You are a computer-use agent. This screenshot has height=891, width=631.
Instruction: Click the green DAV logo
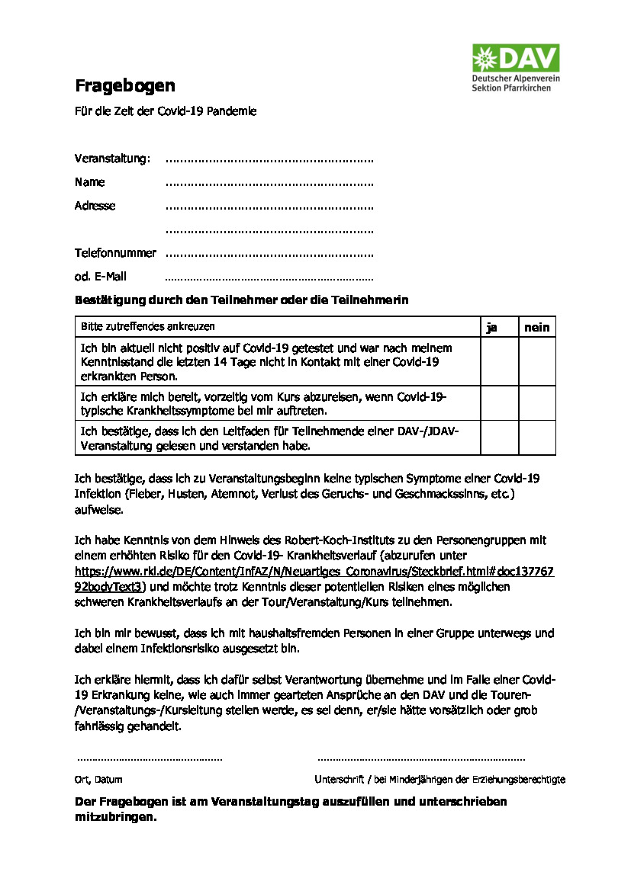tap(515, 58)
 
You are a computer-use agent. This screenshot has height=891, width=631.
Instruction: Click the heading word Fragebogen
tap(124, 85)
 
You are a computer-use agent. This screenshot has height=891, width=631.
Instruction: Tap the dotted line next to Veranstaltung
tap(269, 160)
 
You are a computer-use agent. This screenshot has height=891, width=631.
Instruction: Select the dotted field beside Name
tap(269, 184)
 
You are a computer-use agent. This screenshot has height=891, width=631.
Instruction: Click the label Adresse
tap(95, 206)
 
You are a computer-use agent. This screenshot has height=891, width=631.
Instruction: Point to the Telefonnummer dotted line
tap(269, 254)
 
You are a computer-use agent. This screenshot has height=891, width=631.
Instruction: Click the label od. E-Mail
tap(101, 277)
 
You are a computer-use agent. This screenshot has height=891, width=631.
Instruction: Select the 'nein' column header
tap(536, 327)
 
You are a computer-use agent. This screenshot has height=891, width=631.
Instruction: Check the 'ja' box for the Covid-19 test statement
tap(499, 361)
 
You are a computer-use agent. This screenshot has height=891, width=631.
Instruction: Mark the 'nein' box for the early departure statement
tap(536, 402)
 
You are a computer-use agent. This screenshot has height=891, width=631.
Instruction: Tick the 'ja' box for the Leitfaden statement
tap(499, 437)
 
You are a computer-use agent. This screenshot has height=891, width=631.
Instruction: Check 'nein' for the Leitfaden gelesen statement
tap(536, 437)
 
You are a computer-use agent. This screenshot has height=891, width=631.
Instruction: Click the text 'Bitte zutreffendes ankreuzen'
tap(148, 326)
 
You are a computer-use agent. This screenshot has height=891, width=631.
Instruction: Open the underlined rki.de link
tap(314, 571)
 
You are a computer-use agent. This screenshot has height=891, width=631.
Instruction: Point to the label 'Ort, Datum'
tap(98, 780)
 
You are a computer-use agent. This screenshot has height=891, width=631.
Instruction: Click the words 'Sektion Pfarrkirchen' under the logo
tap(511, 88)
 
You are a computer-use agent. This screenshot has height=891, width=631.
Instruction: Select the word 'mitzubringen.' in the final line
tap(115, 816)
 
